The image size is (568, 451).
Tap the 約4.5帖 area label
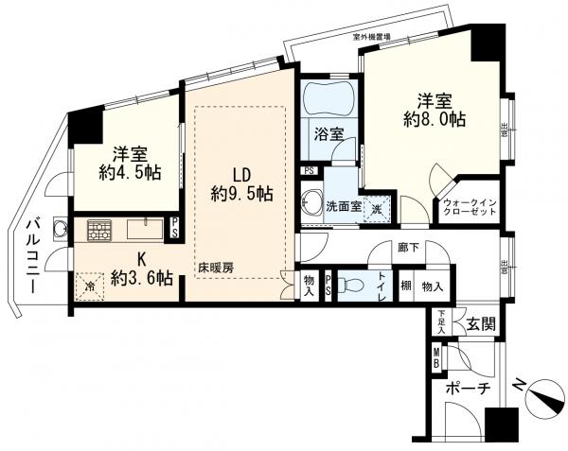(126, 175)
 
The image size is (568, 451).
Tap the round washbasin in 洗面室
(310, 202)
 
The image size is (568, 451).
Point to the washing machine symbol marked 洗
(376, 208)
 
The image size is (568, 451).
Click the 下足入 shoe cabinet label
(442, 322)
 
